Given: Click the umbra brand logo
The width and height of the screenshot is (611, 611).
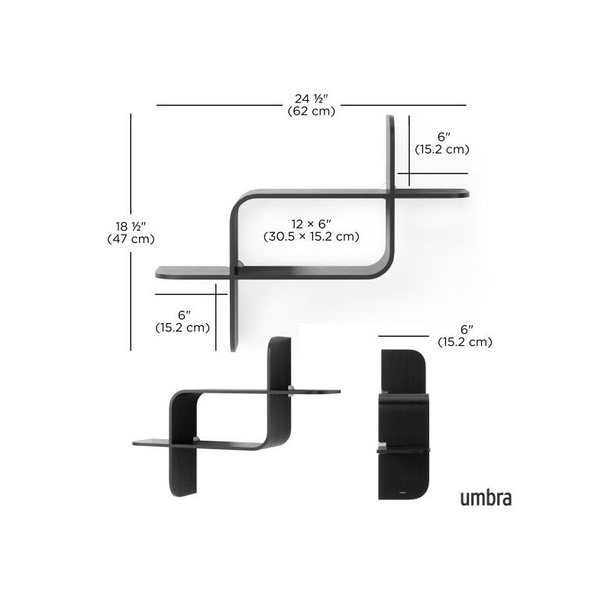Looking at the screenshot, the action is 486,498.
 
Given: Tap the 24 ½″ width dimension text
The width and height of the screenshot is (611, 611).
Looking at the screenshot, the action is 312,99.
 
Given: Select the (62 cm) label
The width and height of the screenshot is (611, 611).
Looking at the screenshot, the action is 312,112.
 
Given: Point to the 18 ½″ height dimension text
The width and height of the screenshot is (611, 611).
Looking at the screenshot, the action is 131,226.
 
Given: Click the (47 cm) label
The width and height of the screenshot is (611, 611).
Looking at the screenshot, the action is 131,238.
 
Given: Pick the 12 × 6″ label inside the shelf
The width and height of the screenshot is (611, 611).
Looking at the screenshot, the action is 312,224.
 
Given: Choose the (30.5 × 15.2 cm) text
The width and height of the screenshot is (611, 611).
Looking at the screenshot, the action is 312,237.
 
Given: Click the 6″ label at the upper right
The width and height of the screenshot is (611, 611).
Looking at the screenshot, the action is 444,137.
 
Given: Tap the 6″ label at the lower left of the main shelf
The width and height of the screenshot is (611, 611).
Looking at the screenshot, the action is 184,315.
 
